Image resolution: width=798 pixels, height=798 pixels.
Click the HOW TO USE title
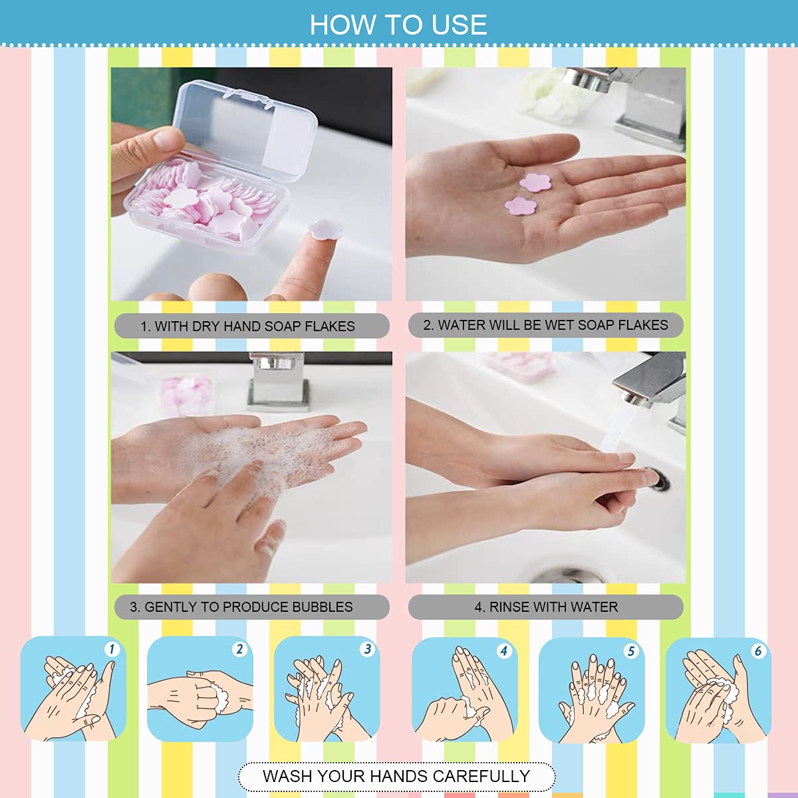(398, 25)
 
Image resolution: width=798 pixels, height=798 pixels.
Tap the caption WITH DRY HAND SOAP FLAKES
(251, 326)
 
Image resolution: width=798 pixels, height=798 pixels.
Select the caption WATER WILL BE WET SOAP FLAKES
(545, 325)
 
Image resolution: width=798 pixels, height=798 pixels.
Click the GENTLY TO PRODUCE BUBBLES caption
(251, 606)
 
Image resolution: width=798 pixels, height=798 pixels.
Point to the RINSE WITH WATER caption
(546, 606)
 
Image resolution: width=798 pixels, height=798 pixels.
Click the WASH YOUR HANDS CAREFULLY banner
(396, 776)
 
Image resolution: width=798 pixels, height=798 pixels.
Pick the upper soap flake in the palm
(534, 182)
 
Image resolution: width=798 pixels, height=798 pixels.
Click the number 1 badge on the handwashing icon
(112, 649)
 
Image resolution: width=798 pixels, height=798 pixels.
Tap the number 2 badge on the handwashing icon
(239, 649)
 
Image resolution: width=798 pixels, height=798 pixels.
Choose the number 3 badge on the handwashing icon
(367, 649)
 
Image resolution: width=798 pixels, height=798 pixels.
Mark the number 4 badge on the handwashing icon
(503, 650)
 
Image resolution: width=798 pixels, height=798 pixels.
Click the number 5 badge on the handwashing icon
(630, 650)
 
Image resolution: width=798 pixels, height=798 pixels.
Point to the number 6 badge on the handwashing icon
(757, 650)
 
